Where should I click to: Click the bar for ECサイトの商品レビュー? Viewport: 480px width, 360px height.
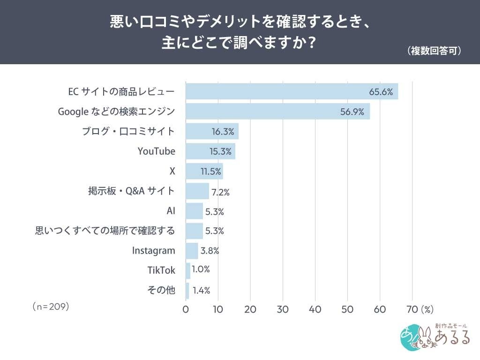292,91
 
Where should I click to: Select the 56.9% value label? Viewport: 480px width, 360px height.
352,112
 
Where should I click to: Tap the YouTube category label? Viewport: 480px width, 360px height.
157,151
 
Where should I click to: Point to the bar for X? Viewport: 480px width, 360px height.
204,171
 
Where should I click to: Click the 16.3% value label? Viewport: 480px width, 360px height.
223,132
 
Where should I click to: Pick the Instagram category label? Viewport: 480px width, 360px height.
154,251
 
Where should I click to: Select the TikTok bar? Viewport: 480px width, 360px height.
188,270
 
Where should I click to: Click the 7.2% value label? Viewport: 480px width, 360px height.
220,192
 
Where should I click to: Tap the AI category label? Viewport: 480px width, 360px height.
171,210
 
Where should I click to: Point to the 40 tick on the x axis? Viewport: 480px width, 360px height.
315,309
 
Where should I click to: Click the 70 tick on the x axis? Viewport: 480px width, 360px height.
412,309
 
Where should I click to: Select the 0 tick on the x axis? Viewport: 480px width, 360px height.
186,309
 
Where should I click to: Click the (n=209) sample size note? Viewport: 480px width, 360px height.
51,307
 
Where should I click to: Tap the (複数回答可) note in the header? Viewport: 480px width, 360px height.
434,51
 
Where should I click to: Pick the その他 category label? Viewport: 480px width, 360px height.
161,290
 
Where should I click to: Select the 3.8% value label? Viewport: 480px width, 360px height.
210,251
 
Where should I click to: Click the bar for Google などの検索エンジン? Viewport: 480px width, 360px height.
277,111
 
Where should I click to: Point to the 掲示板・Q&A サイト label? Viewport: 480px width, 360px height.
132,191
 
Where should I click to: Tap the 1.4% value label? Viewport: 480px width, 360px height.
202,290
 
